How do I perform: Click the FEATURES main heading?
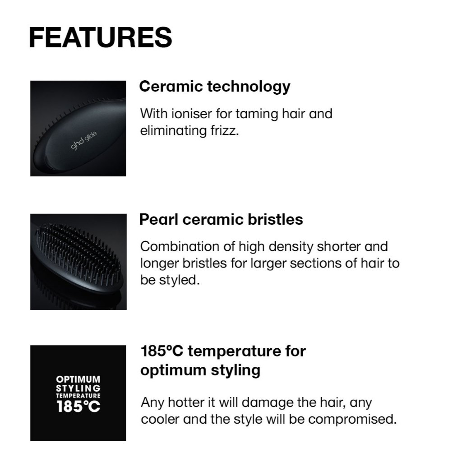coord(101,37)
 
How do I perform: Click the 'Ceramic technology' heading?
coord(215,87)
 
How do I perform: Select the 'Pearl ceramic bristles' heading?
coord(221,220)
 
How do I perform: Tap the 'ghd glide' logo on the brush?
coord(83,141)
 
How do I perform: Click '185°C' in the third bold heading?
coord(162,351)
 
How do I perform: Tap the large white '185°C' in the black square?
coord(79,407)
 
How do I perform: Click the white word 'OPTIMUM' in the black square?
coord(78,379)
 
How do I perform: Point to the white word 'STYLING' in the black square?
coord(78,388)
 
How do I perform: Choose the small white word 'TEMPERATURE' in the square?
coord(78,396)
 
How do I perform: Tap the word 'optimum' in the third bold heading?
coord(173,370)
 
